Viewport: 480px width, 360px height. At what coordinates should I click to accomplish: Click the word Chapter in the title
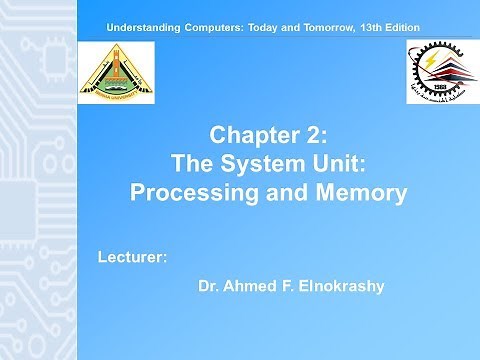[x=252, y=135]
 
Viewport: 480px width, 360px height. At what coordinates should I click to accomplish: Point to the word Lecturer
[x=132, y=258]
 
